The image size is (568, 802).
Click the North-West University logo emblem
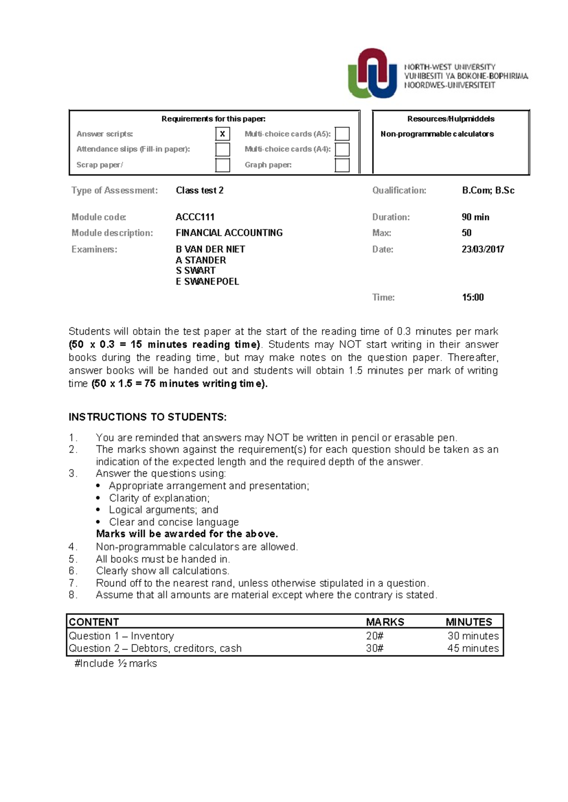(x=373, y=74)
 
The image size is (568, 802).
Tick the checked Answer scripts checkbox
(x=222, y=134)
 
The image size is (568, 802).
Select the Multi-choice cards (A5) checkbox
(x=342, y=134)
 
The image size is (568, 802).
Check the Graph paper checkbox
(x=342, y=165)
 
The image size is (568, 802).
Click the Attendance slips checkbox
(x=222, y=149)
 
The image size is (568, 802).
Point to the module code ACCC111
(x=195, y=217)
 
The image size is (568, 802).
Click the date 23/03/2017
(x=483, y=249)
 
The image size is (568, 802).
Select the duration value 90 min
(x=475, y=217)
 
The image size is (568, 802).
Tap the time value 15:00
(x=473, y=297)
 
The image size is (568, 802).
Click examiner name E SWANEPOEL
(x=207, y=281)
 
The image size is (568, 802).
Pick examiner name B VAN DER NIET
(x=210, y=249)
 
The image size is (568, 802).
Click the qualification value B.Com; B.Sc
(x=488, y=191)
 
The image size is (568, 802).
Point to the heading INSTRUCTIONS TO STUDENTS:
(x=148, y=417)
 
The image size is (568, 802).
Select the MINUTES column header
(x=469, y=622)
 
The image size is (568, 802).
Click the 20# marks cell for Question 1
(x=374, y=636)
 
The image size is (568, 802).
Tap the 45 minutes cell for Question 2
(x=473, y=648)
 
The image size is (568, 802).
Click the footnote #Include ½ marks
(x=115, y=663)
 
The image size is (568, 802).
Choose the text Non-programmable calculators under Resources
(x=437, y=134)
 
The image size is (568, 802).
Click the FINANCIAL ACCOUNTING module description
(x=229, y=233)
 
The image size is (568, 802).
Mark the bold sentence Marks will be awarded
(x=187, y=534)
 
